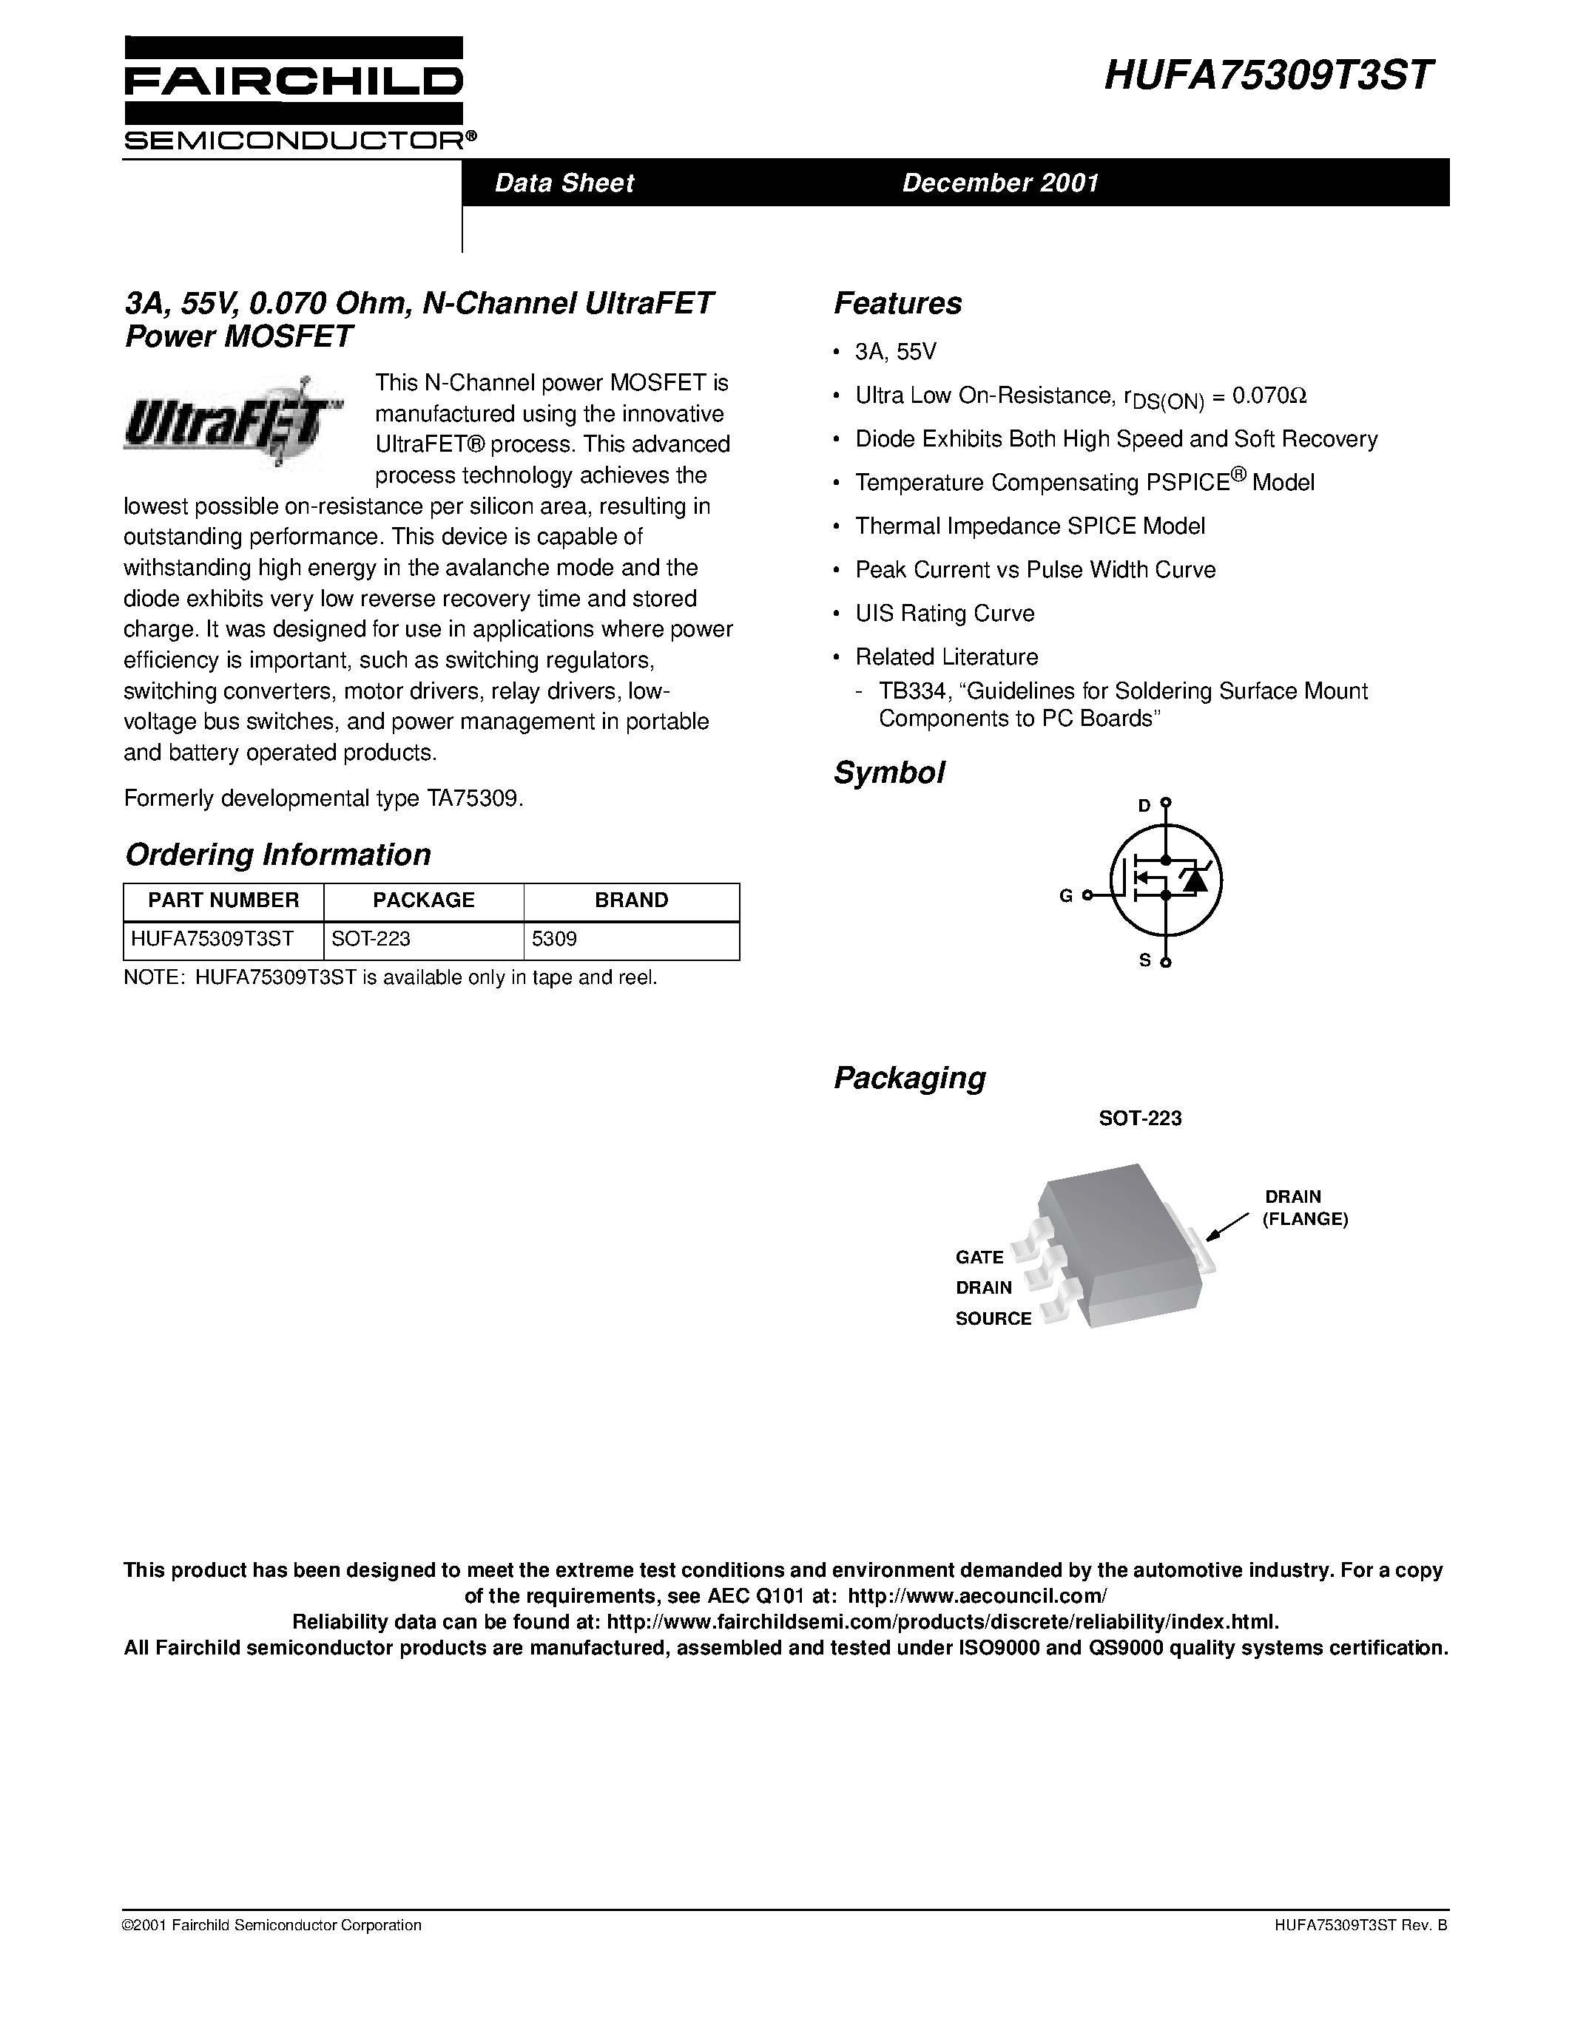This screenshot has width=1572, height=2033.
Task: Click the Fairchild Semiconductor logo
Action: tap(294, 93)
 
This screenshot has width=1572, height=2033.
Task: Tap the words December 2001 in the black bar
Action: tap(1000, 183)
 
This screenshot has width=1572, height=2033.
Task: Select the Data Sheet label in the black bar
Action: tap(564, 183)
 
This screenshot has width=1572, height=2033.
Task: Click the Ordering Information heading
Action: tap(277, 855)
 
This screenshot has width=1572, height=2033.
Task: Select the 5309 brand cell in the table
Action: tap(554, 939)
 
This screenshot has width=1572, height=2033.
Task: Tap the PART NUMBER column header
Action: tap(223, 900)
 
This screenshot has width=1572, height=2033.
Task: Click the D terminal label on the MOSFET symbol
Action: tap(1144, 805)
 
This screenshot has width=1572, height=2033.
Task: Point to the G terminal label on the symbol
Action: tap(1065, 895)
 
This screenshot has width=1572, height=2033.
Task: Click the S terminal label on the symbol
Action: tap(1144, 960)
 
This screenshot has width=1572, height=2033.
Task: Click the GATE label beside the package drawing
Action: tap(979, 1257)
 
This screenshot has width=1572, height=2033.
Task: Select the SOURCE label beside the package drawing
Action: tap(993, 1318)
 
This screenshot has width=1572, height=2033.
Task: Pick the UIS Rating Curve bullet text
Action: tap(945, 614)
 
